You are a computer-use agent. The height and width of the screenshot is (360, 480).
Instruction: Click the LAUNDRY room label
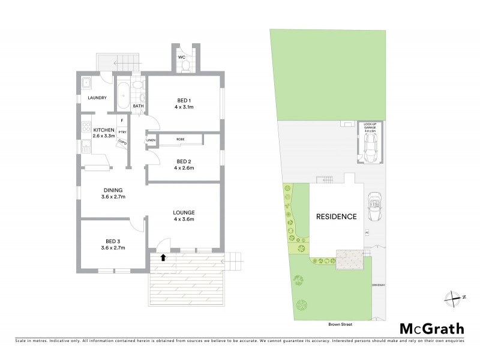97,98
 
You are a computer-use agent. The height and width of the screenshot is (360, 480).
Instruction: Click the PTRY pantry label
122,131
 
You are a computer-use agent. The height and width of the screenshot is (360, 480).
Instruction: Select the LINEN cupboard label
151,141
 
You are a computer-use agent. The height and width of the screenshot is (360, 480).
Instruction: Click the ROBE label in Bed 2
180,139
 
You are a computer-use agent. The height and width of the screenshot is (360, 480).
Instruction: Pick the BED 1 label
185,100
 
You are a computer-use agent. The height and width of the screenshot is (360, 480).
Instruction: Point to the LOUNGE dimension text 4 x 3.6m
184,220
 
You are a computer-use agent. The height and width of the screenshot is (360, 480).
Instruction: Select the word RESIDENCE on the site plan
337,217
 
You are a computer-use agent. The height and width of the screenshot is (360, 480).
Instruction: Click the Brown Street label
340,324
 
